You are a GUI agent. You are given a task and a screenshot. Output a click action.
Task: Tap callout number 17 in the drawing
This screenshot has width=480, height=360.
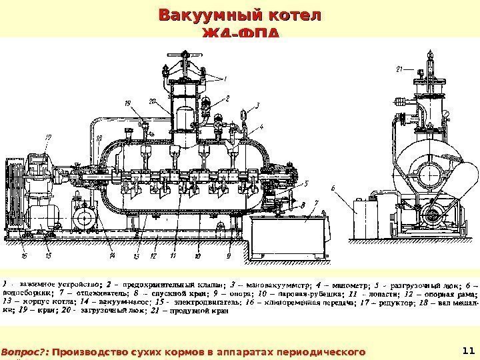(48, 137)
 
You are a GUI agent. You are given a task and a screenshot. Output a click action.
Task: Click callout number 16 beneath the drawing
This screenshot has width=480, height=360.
(25, 255)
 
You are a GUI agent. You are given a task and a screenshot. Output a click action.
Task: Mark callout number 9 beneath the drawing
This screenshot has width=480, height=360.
(228, 255)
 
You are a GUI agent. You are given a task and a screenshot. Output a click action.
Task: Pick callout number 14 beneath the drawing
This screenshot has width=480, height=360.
(113, 255)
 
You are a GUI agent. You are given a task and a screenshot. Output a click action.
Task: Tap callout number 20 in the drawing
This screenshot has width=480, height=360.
(153, 101)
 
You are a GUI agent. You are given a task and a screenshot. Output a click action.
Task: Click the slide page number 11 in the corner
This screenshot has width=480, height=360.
(467, 349)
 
